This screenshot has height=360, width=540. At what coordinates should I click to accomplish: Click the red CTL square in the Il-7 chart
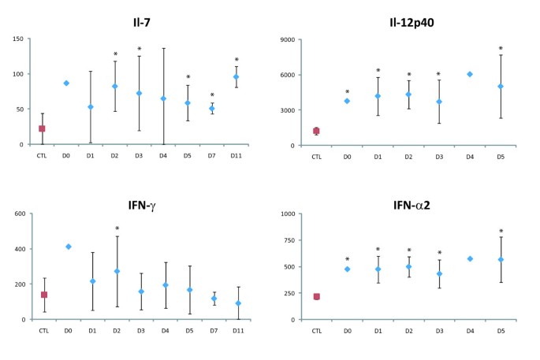pos(42,128)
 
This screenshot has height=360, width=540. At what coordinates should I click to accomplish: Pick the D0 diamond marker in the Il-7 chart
pos(66,83)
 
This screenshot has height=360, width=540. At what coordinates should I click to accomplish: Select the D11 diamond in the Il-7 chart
pos(236,76)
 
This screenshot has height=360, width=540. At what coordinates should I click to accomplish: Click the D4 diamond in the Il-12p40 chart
pos(470,74)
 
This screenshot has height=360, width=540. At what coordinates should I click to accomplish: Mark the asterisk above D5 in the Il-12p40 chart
pos(501,49)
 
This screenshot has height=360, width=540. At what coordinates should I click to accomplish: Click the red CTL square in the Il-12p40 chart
pos(316,131)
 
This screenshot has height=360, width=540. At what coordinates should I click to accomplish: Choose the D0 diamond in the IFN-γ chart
pos(68,247)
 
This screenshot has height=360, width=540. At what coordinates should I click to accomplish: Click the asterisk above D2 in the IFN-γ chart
pos(117,229)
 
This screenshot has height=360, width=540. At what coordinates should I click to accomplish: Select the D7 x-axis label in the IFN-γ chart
pos(213,330)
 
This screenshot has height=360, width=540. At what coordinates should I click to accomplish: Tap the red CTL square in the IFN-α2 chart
pos(316,296)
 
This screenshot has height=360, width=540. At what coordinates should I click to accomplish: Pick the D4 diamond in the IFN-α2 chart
pos(470,258)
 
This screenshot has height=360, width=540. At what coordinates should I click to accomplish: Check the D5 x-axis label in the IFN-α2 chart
pos(501,330)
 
